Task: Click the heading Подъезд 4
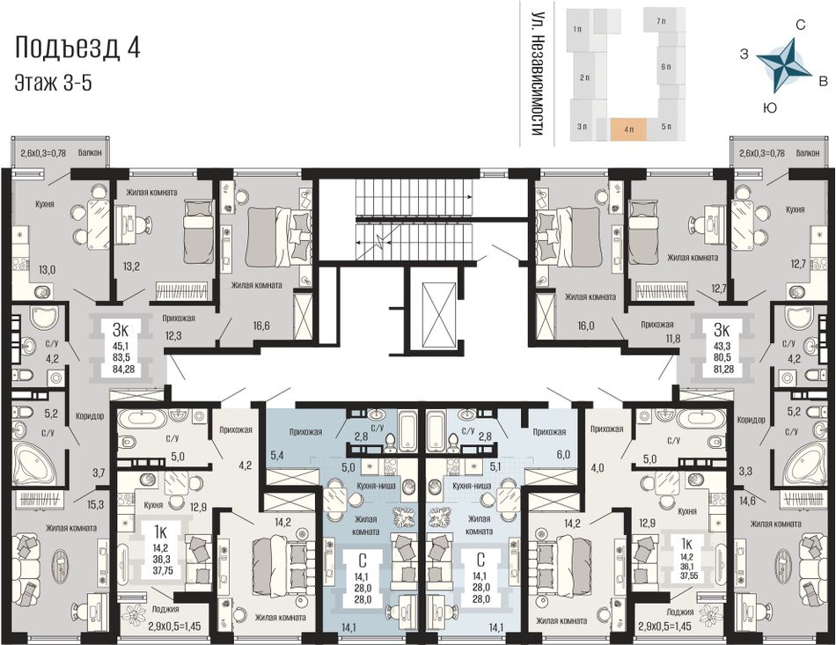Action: (x=77, y=48)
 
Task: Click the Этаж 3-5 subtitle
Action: (x=53, y=84)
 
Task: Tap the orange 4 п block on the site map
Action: (x=628, y=129)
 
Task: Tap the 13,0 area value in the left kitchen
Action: (x=47, y=270)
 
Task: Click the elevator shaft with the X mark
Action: (x=439, y=309)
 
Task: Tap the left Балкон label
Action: (x=90, y=153)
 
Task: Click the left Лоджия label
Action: (x=165, y=609)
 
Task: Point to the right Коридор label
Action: (x=751, y=420)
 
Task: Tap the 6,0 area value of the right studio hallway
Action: (x=563, y=454)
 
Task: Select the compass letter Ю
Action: (x=769, y=108)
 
